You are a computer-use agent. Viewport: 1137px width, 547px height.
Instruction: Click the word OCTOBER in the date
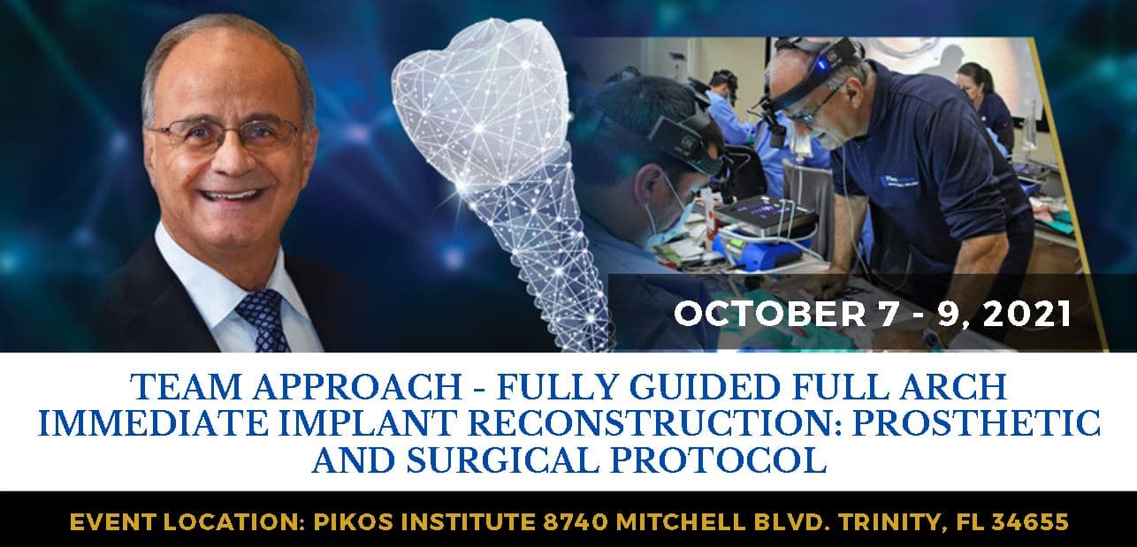point(769,314)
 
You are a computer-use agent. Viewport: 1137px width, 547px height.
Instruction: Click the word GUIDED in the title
point(705,387)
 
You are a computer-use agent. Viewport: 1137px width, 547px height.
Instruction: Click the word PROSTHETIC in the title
point(976,423)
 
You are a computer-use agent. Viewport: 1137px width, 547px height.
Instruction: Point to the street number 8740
point(576,522)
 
